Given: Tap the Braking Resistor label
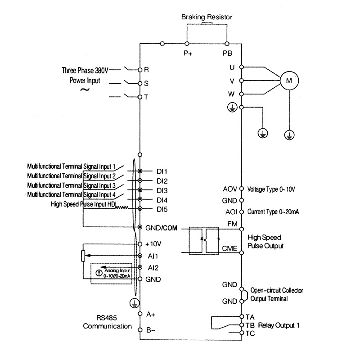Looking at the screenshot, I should [207, 17].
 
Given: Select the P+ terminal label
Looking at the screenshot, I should [188, 53].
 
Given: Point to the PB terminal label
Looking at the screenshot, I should [228, 53].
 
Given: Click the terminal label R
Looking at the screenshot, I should [146, 71].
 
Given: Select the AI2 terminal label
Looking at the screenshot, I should [153, 267].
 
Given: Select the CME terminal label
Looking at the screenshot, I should [229, 248].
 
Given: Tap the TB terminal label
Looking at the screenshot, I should [251, 325].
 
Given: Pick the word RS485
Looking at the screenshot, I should [107, 317].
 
